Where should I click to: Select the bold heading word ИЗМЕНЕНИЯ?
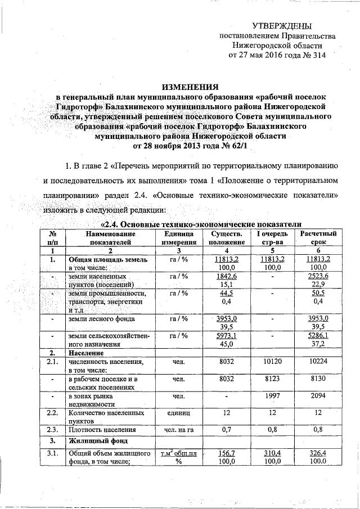point(190,87)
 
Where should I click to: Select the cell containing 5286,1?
point(318,335)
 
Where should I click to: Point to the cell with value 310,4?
point(273,453)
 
